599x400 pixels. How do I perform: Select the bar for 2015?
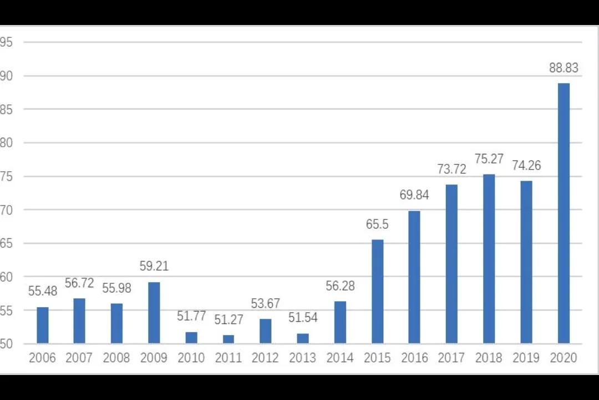click(x=377, y=291)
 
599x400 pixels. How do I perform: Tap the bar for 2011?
click(x=229, y=339)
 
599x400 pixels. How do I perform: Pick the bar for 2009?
click(x=154, y=312)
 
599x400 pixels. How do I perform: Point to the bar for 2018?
click(x=489, y=258)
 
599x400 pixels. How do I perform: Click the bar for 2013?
click(x=303, y=338)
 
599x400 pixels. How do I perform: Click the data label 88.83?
click(x=564, y=68)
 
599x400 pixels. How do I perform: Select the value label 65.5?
click(x=377, y=224)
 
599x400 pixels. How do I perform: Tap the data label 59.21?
click(x=154, y=266)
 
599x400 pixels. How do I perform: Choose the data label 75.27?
click(x=489, y=159)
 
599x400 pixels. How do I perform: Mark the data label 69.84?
click(x=414, y=195)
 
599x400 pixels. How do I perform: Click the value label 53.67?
click(x=266, y=303)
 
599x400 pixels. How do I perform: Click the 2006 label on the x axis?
click(x=42, y=358)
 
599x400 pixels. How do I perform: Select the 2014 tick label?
click(x=340, y=358)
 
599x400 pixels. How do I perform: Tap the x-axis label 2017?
click(x=451, y=358)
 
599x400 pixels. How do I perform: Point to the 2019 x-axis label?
click(x=526, y=358)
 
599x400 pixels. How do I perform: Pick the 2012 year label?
click(x=266, y=358)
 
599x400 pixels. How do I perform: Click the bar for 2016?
click(x=414, y=277)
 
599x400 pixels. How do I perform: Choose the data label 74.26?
click(x=526, y=166)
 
